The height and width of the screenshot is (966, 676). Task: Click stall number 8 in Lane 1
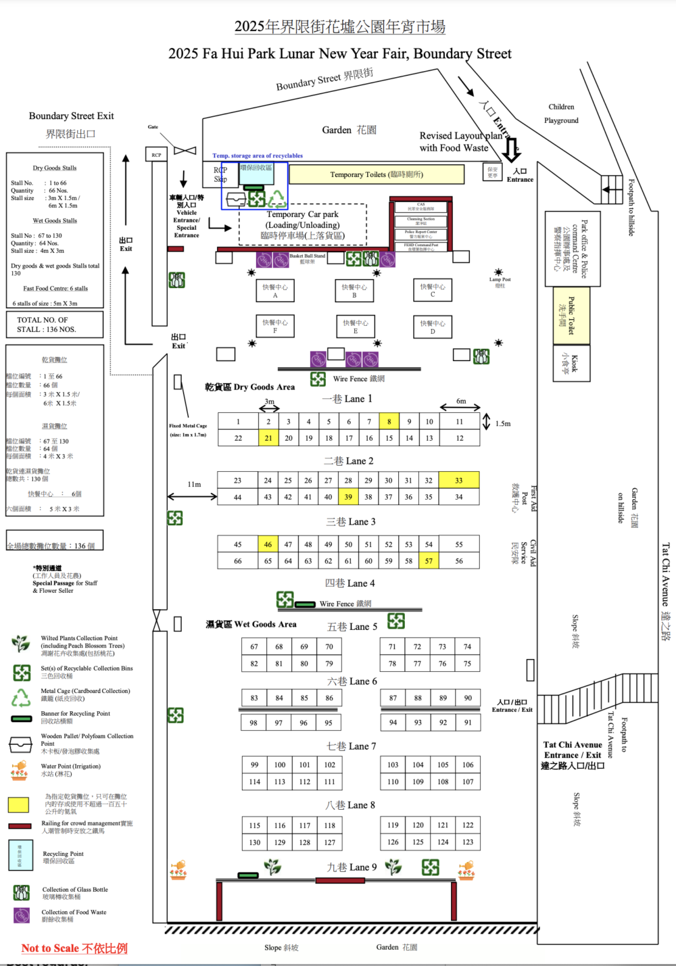point(389,421)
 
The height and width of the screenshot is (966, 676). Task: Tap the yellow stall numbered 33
point(458,480)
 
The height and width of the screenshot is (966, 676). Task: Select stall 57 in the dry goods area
point(429,560)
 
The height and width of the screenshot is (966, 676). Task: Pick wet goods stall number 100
point(279,765)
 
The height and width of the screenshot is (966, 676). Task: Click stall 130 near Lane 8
point(254,842)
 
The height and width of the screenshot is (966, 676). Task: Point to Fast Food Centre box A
point(275,291)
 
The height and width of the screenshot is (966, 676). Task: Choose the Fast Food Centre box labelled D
point(433,327)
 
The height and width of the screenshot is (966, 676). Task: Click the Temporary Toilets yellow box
point(377,174)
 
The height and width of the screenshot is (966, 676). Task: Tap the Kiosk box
point(571,364)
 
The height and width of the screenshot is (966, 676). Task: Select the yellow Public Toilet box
point(571,315)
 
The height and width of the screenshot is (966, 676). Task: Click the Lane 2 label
point(348,461)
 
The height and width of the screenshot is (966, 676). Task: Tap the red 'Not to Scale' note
point(74,948)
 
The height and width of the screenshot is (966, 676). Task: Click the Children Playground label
point(561,114)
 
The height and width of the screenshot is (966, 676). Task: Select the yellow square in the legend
point(18,804)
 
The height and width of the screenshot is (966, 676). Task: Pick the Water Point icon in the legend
point(20,770)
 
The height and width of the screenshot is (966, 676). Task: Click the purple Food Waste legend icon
point(22,915)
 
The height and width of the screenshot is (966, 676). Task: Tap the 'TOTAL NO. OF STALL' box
point(55,324)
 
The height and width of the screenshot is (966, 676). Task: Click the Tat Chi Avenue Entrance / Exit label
point(573,755)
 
